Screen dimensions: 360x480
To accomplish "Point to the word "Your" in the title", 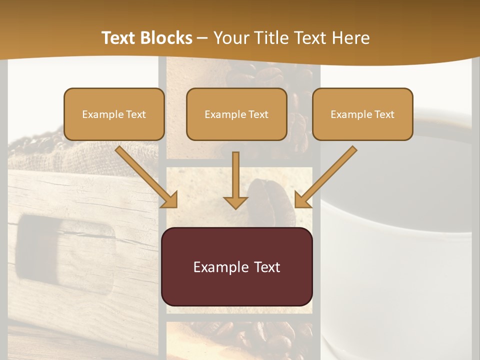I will tap(230, 38).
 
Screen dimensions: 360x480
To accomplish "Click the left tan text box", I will tap(114, 114).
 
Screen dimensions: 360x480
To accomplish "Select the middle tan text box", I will tap(236, 114).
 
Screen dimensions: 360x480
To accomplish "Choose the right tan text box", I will tap(362, 114).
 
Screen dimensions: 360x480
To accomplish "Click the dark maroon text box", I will tap(236, 266).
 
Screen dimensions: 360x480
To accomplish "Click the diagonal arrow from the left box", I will tap(145, 175).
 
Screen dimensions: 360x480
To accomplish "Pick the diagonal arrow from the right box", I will tap(326, 175).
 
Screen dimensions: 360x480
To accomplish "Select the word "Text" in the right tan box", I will tap(385, 114).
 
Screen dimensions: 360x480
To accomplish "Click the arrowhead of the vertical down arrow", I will tap(235, 202).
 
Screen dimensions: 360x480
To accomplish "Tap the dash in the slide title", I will tap(202, 38).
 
